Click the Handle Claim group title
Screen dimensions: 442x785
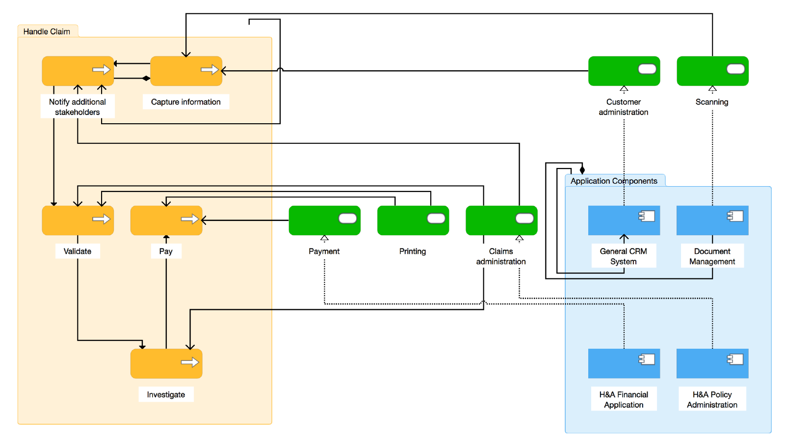[x=47, y=31]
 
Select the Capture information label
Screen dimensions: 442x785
[x=185, y=102]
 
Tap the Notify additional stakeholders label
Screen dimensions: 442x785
[x=78, y=107]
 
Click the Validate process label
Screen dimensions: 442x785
[x=78, y=251]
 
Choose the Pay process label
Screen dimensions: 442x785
[x=166, y=251]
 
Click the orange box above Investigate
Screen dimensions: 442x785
[x=166, y=363]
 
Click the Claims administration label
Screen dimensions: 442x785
[x=501, y=256]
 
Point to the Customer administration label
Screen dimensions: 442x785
[x=624, y=107]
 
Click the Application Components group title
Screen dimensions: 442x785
[x=614, y=181]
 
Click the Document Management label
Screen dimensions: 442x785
[x=712, y=256]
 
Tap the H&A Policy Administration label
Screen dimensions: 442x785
[x=712, y=399]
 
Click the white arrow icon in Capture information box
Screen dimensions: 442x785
[x=209, y=70]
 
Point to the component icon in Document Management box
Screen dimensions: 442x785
[x=735, y=216]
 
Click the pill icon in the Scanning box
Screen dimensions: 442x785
[x=735, y=69]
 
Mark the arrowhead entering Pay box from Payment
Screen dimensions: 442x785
[x=204, y=221]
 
